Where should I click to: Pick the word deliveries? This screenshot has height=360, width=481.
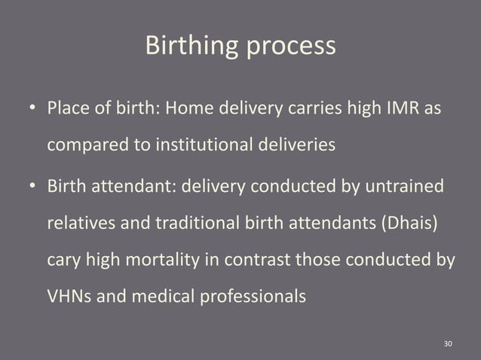coord(294,146)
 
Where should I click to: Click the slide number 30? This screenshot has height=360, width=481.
coord(448,343)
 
